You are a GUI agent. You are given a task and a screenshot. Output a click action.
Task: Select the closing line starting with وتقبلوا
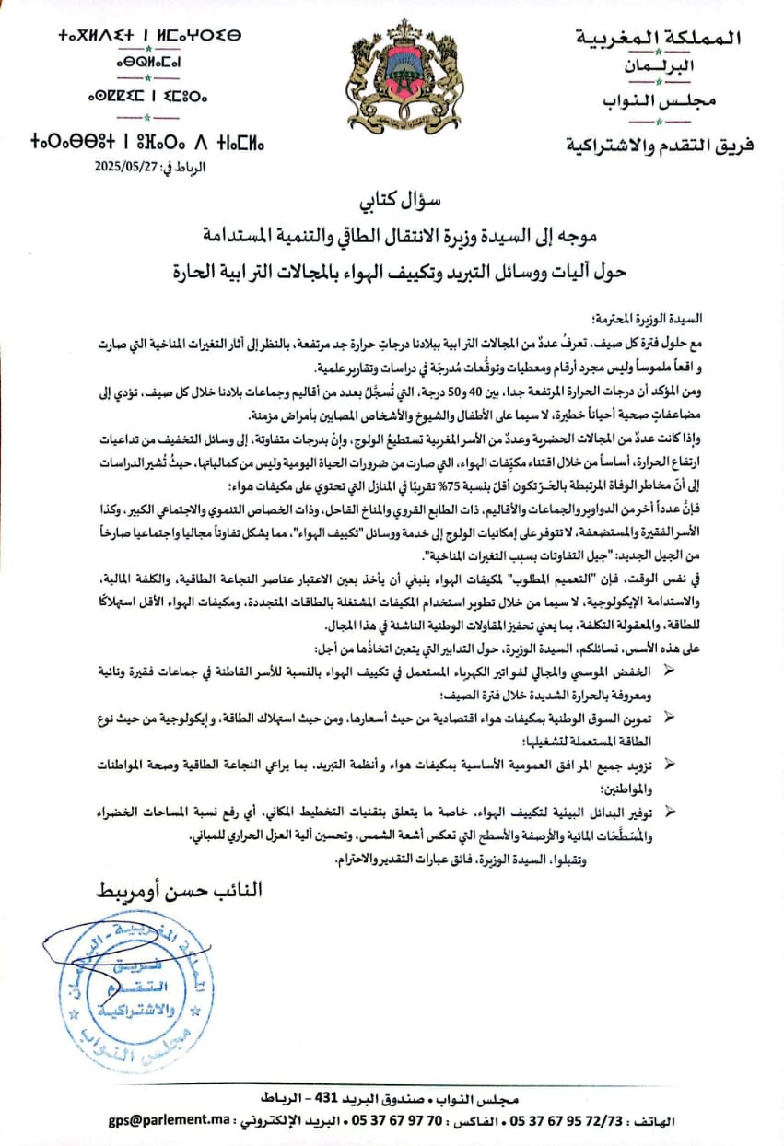point(480,859)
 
